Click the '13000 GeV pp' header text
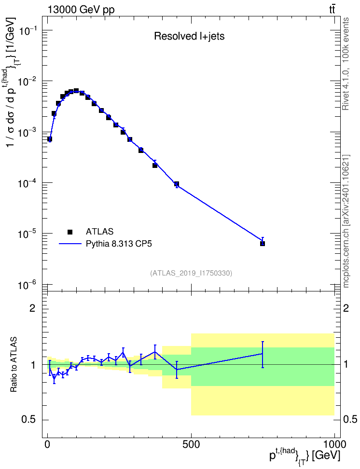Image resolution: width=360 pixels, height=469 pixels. [81, 10]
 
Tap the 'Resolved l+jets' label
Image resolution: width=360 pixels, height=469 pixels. [189, 36]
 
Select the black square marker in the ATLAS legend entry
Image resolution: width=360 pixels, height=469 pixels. [70, 232]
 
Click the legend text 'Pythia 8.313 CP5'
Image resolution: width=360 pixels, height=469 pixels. [119, 244]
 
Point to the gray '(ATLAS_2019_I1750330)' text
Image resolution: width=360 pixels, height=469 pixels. [191, 273]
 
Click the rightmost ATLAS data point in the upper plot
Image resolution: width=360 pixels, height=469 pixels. [263, 244]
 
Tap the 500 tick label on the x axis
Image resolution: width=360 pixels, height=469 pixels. [191, 444]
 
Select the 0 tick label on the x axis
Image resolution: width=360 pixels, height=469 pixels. [48, 444]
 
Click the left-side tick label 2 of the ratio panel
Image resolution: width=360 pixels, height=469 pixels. [32, 308]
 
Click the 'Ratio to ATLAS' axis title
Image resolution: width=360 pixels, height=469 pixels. [14, 365]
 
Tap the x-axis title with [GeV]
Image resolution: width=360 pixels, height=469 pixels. [305, 455]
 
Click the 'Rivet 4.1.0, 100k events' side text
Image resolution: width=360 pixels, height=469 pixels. [346, 64]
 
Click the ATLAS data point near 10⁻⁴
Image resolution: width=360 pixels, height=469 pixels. [177, 184]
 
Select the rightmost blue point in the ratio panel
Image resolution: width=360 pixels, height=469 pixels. [263, 354]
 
